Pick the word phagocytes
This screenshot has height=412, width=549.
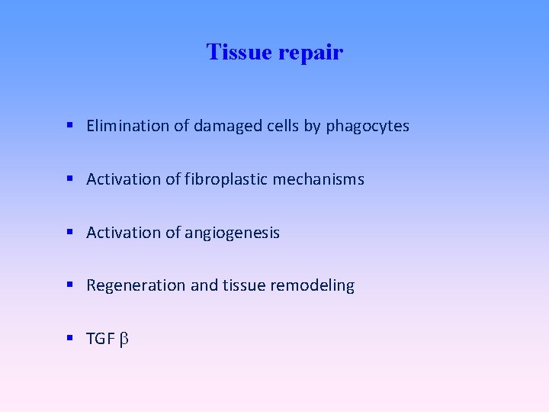click(368, 127)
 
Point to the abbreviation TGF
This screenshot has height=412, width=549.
click(100, 339)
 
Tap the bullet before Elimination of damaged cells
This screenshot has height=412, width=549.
click(69, 125)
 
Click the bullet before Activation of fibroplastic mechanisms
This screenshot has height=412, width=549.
click(69, 179)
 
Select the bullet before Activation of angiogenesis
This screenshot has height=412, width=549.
click(69, 232)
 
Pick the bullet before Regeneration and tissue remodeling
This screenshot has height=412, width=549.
click(69, 285)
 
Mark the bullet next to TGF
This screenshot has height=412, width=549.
click(69, 338)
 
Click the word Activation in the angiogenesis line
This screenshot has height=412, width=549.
click(120, 233)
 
